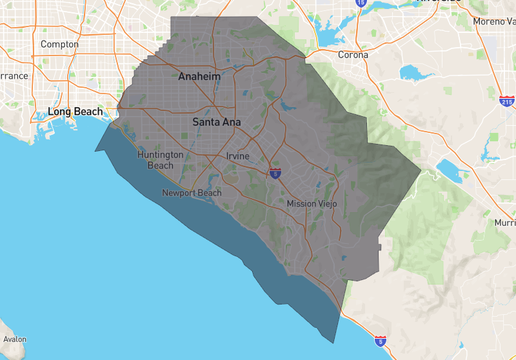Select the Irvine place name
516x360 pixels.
[238, 156]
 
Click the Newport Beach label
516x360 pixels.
[193, 192]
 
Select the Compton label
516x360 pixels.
[59, 44]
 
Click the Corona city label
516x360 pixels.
[354, 55]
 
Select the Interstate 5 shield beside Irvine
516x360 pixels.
[275, 173]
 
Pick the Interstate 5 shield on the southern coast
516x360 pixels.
[379, 342]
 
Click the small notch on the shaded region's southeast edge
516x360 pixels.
[381, 244]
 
